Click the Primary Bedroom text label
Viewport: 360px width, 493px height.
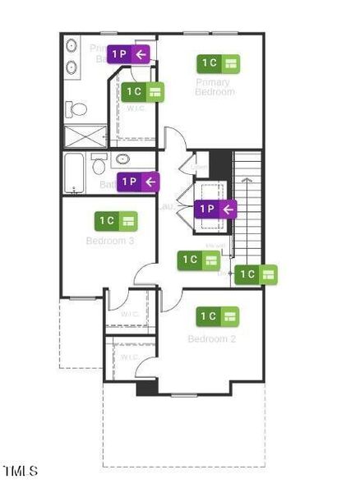point(215,86)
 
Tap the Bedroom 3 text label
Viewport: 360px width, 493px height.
point(110,241)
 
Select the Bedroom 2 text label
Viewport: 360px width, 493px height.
point(212,339)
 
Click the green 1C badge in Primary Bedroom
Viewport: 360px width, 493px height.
point(217,63)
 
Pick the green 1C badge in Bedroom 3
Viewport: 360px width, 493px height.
point(116,220)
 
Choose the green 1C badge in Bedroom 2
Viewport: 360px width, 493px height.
point(217,316)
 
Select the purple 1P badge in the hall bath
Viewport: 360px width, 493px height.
point(138,182)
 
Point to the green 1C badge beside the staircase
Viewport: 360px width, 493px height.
point(256,274)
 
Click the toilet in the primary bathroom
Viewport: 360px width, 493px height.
point(78,108)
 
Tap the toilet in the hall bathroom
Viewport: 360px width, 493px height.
point(99,166)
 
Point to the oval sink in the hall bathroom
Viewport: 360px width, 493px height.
point(123,159)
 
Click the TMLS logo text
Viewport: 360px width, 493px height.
point(21,471)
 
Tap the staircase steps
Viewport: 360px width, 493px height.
point(247,201)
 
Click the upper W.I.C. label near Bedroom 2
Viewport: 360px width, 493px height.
point(129,314)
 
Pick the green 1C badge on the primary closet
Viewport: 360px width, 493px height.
point(143,92)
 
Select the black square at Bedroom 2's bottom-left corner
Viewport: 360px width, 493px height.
point(146,388)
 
